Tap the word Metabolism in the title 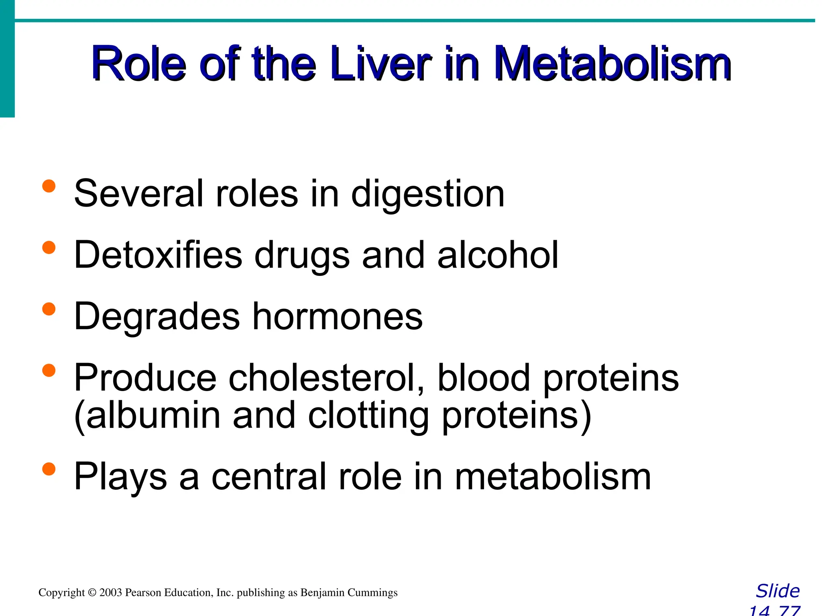click(x=612, y=64)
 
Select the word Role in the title click(x=138, y=64)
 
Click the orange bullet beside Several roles click(x=49, y=186)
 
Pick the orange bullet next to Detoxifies click(x=49, y=247)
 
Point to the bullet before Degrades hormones click(x=49, y=309)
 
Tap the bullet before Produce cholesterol click(x=49, y=370)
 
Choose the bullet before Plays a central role click(x=49, y=469)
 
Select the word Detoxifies click(x=158, y=255)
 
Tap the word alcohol click(x=498, y=255)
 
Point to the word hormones click(x=337, y=317)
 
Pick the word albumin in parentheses click(x=153, y=416)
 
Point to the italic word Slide click(x=777, y=591)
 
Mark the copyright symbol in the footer click(x=92, y=593)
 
